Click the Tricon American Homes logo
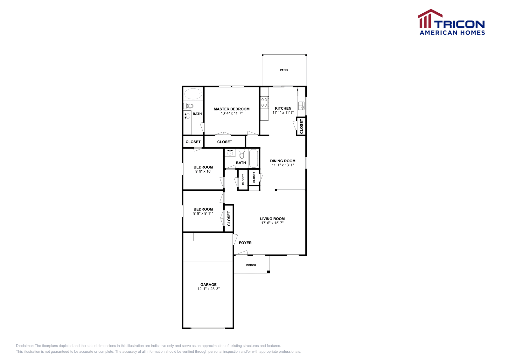point(451,22)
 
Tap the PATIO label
point(283,70)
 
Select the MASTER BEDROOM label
point(232,109)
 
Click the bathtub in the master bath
point(193,94)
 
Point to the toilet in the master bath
point(188,106)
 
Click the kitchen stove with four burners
point(264,102)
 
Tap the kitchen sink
point(301,106)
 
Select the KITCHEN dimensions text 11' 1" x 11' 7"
point(283,113)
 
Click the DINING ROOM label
point(283,161)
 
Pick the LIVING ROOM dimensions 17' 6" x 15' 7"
point(272,223)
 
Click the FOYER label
point(245,243)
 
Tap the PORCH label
point(251,265)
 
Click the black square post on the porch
point(268,272)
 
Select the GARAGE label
point(208,285)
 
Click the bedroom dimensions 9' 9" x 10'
point(203,171)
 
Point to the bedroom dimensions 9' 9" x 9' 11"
point(203,213)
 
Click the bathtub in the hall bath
point(254,158)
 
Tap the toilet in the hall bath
point(242,154)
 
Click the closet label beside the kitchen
point(301,126)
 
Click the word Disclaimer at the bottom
point(25,346)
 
